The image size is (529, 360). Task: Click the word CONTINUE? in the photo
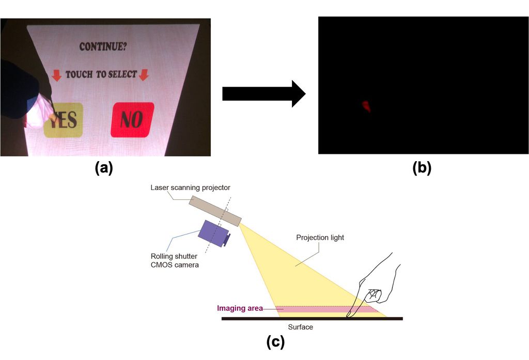pyautogui.click(x=103, y=46)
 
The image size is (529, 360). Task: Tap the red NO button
pyautogui.click(x=132, y=120)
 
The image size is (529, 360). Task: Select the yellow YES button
pyautogui.click(x=64, y=120)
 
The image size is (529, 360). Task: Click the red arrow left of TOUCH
pyautogui.click(x=57, y=75)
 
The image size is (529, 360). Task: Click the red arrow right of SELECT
pyautogui.click(x=144, y=74)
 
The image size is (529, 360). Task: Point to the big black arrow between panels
pyautogui.click(x=264, y=94)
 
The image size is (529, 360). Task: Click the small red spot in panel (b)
pyautogui.click(x=367, y=106)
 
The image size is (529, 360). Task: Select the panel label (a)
pyautogui.click(x=103, y=168)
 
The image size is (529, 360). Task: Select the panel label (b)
pyautogui.click(x=422, y=168)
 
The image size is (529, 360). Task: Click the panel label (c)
pyautogui.click(x=275, y=342)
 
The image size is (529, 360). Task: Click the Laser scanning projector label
pyautogui.click(x=190, y=187)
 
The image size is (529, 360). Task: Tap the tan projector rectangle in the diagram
pyautogui.click(x=215, y=211)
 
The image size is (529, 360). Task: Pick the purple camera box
pyautogui.click(x=214, y=233)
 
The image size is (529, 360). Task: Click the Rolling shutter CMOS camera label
pyautogui.click(x=175, y=260)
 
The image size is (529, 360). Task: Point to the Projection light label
pyautogui.click(x=320, y=238)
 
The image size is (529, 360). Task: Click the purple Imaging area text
pyautogui.click(x=240, y=308)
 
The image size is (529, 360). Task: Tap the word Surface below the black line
pyautogui.click(x=300, y=327)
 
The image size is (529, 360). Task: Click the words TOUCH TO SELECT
pyautogui.click(x=101, y=74)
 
